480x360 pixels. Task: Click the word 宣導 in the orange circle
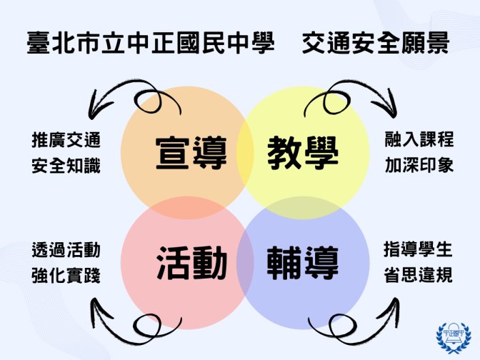click(x=191, y=152)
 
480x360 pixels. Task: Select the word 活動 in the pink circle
click(x=191, y=263)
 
